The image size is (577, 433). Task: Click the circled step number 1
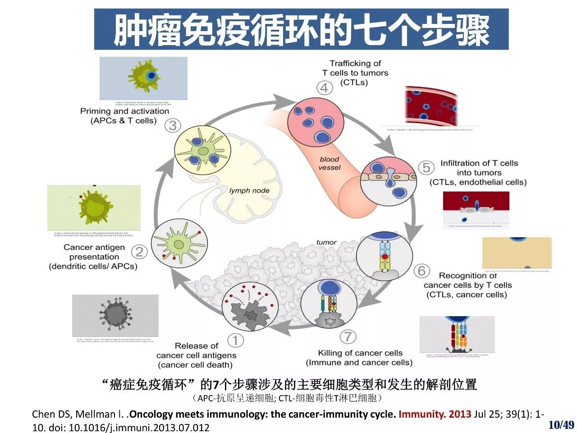coord(235,340)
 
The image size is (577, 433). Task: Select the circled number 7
coord(348,336)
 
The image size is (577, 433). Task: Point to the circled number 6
coord(421,271)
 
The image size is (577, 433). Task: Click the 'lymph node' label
coord(249,191)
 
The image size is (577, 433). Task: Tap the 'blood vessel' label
coord(330,163)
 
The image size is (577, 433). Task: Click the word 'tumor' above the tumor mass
coord(326,242)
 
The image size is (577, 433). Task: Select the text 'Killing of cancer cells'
coord(360,353)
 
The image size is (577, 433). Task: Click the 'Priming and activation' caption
coord(124,111)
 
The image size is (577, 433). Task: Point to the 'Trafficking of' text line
coord(355,64)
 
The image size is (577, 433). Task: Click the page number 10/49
coord(561,424)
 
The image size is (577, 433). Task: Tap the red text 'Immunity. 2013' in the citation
coord(435,414)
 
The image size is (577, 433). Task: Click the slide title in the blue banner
coord(301,30)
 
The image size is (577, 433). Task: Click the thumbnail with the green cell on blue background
coord(143,78)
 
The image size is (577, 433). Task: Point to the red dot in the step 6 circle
coord(385,257)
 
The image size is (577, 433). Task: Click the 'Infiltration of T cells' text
coord(479,163)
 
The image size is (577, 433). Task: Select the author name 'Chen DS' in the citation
coord(50,414)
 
